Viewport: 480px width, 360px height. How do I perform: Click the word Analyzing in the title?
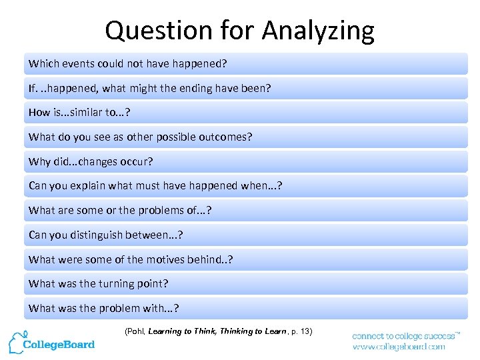pos(318,31)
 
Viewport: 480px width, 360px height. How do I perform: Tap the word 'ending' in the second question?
pos(209,88)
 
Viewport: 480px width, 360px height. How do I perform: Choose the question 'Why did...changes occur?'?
pos(91,161)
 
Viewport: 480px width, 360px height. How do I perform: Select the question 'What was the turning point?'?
pos(99,283)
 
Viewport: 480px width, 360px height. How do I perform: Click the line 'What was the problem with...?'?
pos(104,308)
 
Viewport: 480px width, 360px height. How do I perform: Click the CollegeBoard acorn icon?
pos(15,342)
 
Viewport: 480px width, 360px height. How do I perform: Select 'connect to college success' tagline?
pos(405,336)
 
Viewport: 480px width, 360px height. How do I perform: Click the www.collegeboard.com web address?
pos(399,347)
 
